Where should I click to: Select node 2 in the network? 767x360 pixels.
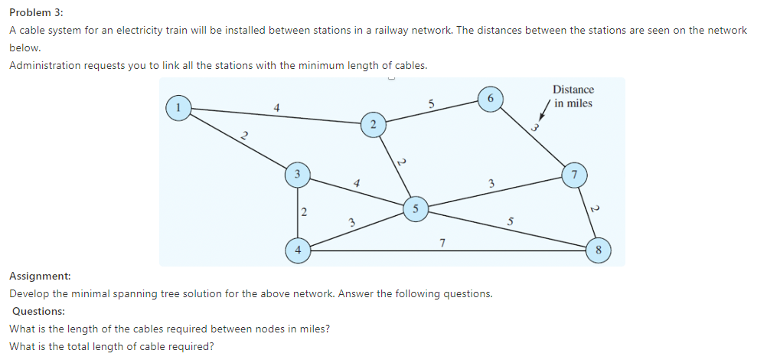tap(373, 124)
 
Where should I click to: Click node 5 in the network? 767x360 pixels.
tap(415, 208)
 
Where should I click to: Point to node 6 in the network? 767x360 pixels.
tap(490, 99)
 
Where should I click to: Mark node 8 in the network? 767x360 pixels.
tap(599, 250)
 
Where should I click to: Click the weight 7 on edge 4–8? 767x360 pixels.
tap(442, 243)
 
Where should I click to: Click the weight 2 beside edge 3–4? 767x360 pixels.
tap(304, 211)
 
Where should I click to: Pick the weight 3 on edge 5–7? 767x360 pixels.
tap(491, 183)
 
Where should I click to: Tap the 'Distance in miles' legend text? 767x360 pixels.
tap(573, 97)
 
